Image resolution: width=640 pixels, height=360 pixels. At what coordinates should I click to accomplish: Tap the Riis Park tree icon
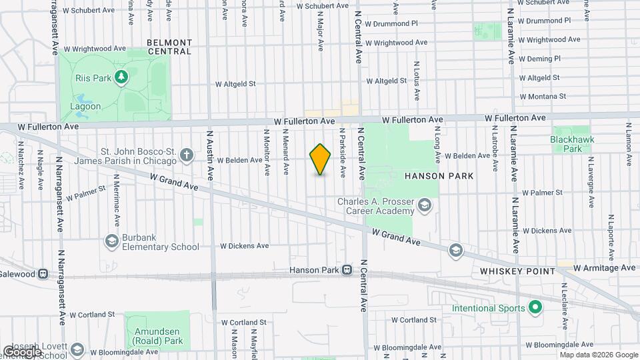coord(121,78)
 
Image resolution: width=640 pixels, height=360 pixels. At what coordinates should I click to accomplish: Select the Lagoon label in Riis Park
coord(86,106)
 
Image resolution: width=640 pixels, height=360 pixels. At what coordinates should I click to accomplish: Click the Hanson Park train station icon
coord(347,270)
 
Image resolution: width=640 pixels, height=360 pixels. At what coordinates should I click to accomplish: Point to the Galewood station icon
coord(43,273)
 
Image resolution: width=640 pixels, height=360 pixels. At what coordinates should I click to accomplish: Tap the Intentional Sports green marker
coord(534,308)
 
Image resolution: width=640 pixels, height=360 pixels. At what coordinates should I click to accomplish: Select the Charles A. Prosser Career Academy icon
coord(424,207)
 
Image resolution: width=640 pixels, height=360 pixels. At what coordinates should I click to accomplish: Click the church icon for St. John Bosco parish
coord(187,156)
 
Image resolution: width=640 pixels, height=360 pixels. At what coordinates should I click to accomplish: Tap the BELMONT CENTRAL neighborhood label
coord(169,47)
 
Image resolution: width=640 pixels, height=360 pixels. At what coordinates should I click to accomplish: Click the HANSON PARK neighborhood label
coord(439,176)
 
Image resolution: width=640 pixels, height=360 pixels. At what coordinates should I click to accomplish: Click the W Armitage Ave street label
coord(604,267)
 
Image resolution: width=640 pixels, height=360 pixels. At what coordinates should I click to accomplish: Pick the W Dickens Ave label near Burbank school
coord(244,245)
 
